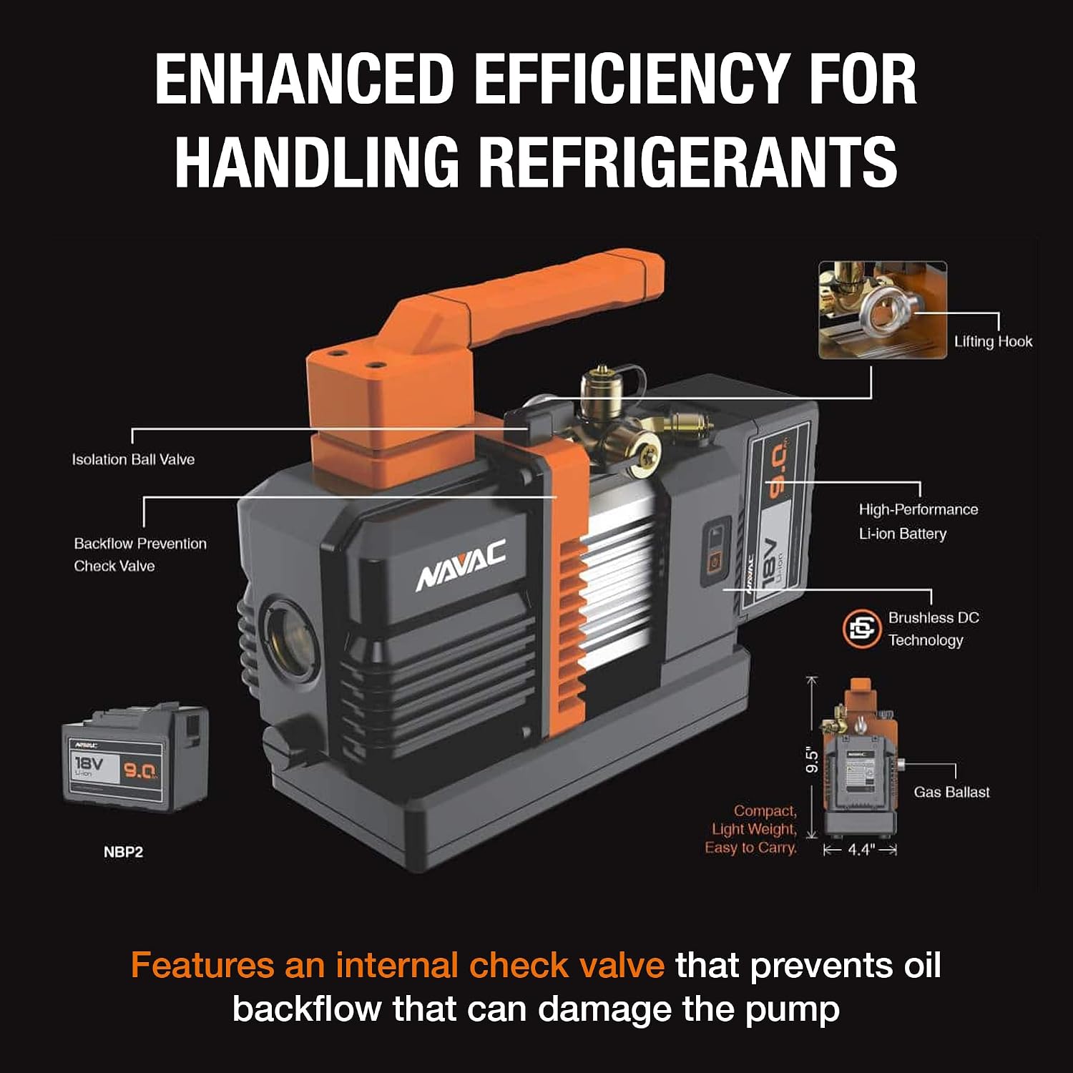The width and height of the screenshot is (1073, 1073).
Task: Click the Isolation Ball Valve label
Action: coord(133,459)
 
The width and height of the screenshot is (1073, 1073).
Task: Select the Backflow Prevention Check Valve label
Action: coord(140,554)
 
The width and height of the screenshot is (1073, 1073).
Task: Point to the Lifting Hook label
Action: coord(993,342)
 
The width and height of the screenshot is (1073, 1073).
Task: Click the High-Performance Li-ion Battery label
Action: coord(918,521)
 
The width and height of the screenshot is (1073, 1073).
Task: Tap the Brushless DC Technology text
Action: coord(934,629)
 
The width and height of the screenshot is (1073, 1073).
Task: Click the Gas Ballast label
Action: coord(951,792)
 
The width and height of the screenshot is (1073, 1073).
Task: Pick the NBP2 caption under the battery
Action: coord(123,852)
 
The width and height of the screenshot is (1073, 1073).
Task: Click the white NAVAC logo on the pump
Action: coord(461,566)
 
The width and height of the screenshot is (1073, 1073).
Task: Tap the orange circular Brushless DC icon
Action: coord(861,629)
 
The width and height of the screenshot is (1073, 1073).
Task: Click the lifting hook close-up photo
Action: coord(883,310)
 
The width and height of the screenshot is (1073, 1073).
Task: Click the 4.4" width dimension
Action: coord(861,850)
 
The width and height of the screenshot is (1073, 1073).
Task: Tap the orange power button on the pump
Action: coord(713,563)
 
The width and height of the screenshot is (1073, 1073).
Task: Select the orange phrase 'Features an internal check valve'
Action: coord(398,966)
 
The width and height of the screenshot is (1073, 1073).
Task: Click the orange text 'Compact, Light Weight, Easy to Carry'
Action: coord(751,829)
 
